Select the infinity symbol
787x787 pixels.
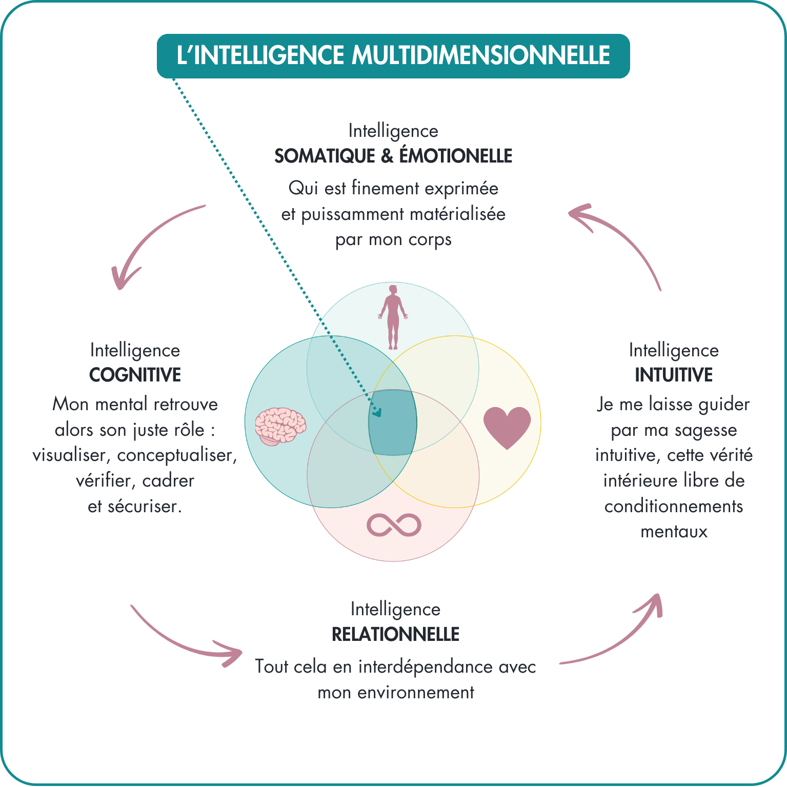tap(394, 525)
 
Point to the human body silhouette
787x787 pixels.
tap(393, 317)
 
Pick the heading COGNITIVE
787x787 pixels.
tap(135, 375)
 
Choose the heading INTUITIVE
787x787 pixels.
tap(674, 375)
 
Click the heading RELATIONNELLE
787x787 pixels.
tap(395, 634)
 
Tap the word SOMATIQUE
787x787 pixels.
tap(325, 156)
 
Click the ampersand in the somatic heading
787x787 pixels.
tap(387, 156)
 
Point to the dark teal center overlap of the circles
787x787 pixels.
tap(393, 422)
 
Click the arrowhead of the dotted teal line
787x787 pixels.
tap(378, 412)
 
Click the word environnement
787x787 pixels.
tap(416, 693)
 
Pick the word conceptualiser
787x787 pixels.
tap(177, 455)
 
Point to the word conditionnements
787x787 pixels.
tap(674, 506)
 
